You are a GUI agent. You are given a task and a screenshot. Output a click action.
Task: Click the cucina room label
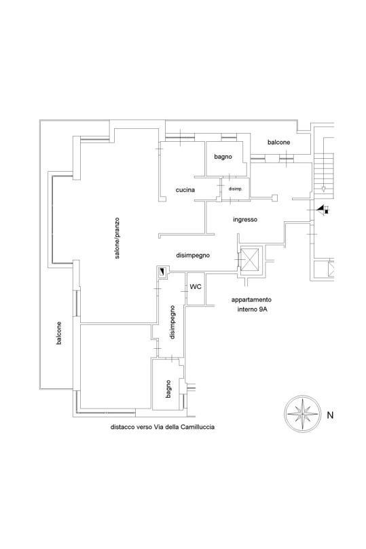185,190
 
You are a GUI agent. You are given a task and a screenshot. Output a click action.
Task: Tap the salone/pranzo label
117,238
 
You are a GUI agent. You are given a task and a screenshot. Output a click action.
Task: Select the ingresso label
245,219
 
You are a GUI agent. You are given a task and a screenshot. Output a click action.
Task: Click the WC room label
196,287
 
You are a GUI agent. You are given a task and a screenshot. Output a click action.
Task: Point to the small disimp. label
236,189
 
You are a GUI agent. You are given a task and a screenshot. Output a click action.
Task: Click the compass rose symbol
302,413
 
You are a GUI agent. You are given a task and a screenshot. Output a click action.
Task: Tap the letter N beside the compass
330,415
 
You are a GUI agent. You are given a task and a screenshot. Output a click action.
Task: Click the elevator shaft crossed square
250,259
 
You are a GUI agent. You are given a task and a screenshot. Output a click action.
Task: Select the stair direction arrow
323,189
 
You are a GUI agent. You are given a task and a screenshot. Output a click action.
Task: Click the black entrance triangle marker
320,210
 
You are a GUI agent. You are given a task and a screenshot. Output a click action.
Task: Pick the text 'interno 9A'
252,309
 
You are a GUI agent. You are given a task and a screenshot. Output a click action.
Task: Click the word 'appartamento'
251,300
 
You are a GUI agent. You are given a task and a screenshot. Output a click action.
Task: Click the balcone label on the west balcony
59,333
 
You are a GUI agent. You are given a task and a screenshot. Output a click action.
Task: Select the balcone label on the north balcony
279,142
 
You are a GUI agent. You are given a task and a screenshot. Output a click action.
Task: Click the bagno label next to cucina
223,157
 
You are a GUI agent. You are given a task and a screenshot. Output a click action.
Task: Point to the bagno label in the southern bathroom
168,389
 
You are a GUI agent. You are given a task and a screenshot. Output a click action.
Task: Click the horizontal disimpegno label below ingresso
193,256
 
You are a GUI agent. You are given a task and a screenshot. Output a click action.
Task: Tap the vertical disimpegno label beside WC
172,322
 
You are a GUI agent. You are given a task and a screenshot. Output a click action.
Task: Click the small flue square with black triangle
163,271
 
